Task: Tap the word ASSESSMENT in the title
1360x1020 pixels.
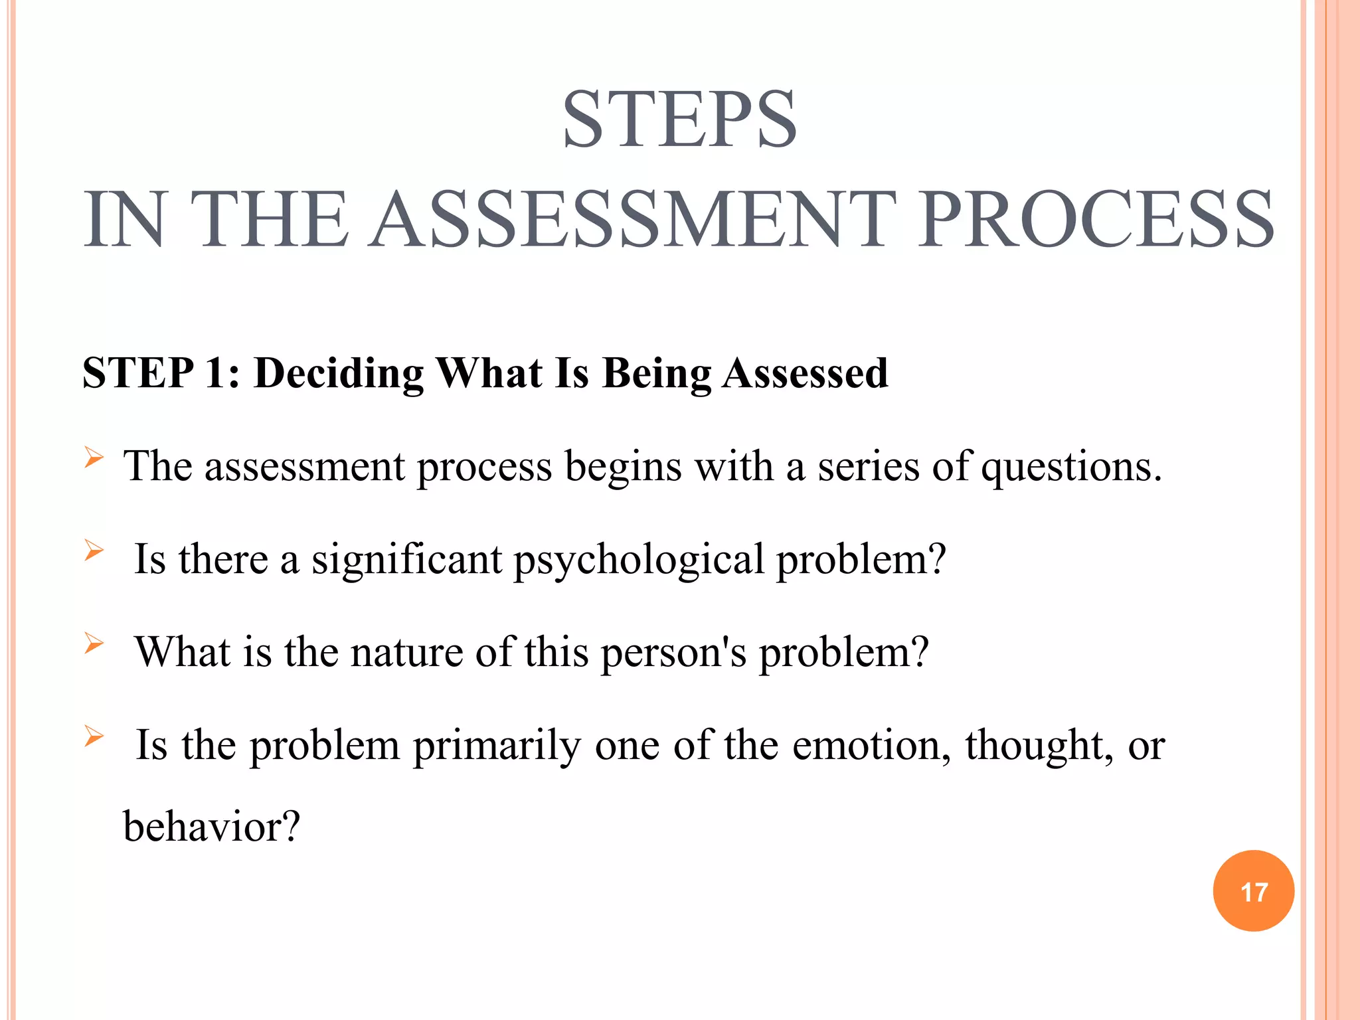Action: pos(632,220)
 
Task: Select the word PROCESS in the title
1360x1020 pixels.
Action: pos(1096,220)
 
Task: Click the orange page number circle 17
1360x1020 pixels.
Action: pos(1253,891)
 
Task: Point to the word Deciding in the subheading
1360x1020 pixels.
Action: pos(339,373)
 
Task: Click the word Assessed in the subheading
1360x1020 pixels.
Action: pos(805,373)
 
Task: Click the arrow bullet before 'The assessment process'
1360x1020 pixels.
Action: pos(94,458)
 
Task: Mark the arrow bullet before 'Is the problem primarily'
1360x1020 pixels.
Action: pos(94,736)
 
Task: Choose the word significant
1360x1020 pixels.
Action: pos(406,560)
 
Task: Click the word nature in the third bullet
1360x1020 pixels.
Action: pos(406,653)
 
